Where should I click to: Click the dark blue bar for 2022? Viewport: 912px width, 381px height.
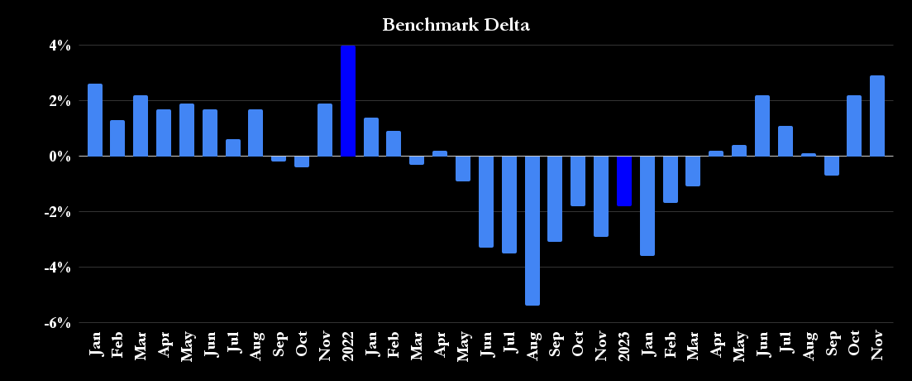click(x=348, y=101)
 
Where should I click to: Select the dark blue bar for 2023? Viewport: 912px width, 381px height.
click(x=624, y=181)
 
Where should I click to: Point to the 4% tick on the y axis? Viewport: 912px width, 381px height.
click(x=59, y=46)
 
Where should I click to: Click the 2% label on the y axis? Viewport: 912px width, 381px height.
click(x=59, y=101)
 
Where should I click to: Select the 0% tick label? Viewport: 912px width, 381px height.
click(x=59, y=157)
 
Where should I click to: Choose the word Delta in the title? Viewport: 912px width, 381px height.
click(x=505, y=25)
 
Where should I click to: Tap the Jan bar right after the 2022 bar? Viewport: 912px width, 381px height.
click(x=371, y=137)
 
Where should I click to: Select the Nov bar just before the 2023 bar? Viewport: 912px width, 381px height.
click(x=601, y=196)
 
